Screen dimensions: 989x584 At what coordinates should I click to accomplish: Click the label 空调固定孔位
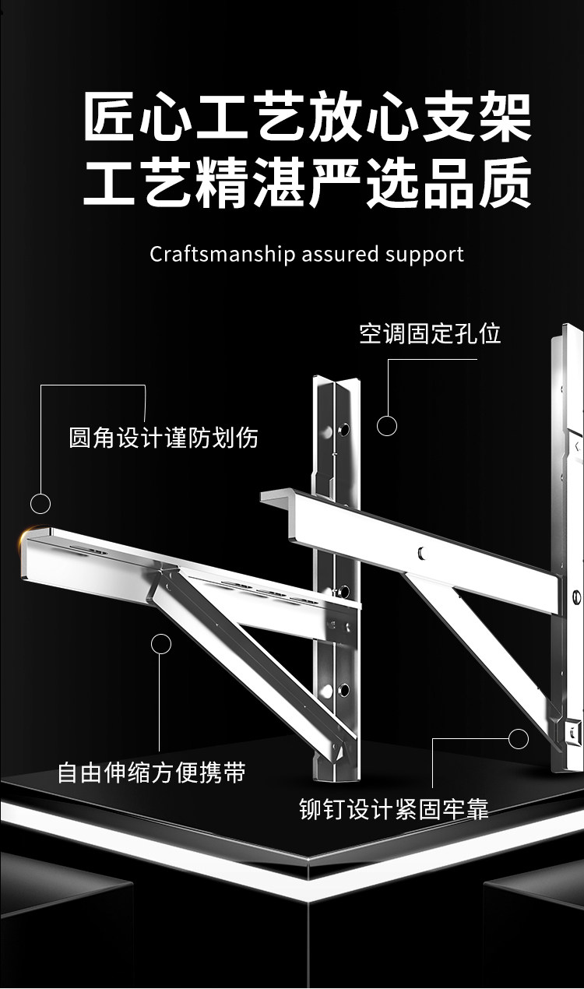click(x=430, y=334)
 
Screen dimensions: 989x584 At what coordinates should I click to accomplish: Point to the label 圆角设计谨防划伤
click(x=164, y=438)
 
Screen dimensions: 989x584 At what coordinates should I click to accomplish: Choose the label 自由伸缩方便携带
click(x=151, y=773)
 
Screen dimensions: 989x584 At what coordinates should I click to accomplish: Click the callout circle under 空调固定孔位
click(x=387, y=425)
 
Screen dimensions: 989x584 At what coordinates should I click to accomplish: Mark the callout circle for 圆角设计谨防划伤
click(x=40, y=503)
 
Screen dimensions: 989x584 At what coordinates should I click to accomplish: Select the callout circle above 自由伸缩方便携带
click(x=161, y=643)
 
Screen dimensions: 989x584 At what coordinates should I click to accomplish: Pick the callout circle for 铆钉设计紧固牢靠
click(x=518, y=738)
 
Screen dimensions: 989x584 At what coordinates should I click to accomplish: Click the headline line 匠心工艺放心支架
click(x=308, y=118)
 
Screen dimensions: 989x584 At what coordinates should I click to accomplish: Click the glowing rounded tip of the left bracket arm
click(x=31, y=537)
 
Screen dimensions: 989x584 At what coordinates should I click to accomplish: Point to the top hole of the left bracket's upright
click(x=342, y=429)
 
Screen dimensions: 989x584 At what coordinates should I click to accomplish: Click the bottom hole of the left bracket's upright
click(x=342, y=688)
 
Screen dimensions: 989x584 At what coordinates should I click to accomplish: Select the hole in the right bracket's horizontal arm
click(x=420, y=552)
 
